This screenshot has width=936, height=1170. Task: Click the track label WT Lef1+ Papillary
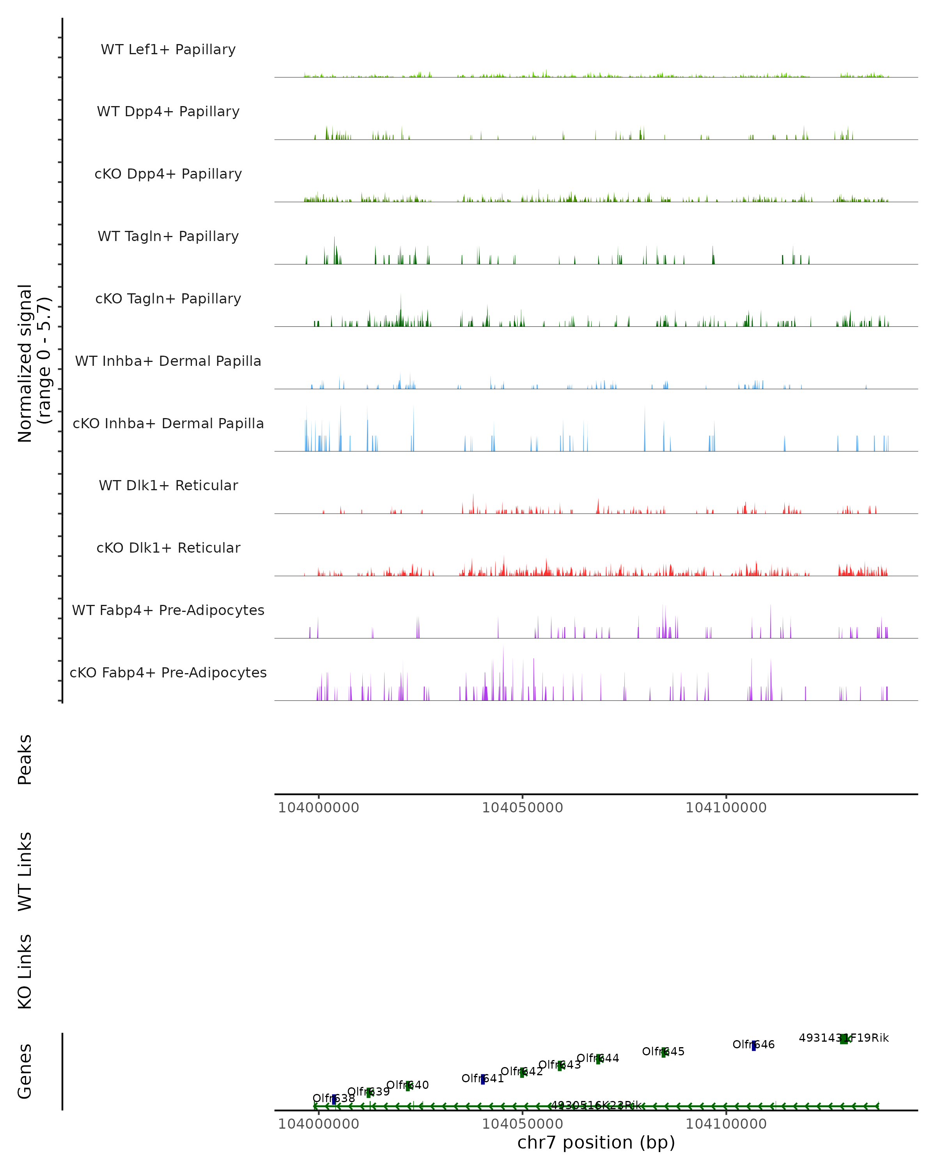click(x=168, y=50)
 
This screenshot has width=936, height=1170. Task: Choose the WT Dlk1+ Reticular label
click(x=168, y=485)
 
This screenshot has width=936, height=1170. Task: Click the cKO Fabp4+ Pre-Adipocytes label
click(x=168, y=672)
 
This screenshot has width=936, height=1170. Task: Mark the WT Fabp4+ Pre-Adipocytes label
click(x=168, y=610)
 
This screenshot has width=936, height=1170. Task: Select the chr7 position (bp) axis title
click(x=596, y=1142)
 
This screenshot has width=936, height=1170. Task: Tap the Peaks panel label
click(x=25, y=759)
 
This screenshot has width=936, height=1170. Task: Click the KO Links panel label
click(x=25, y=971)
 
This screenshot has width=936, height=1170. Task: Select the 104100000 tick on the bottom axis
click(x=726, y=1124)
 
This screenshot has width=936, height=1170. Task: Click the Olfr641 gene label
click(x=482, y=1078)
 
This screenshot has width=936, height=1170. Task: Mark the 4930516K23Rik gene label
click(x=596, y=1105)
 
